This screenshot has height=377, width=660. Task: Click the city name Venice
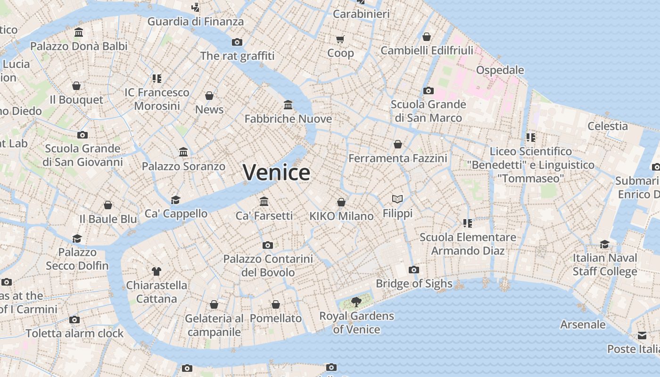pos(276,172)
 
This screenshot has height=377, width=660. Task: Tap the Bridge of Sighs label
pos(414,284)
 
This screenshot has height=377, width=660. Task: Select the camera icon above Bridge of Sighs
pos(414,270)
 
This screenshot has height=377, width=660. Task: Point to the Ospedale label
pos(500,70)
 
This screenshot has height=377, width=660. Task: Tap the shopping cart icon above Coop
pos(340,39)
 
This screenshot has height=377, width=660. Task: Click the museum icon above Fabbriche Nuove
pos(288,104)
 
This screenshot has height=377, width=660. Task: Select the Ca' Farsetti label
pos(264,216)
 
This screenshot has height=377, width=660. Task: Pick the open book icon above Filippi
pos(397,199)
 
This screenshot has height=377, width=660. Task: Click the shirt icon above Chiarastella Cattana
pos(157,271)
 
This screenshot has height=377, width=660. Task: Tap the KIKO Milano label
pos(341,216)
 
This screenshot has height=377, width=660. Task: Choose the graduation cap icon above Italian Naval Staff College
pos(604,244)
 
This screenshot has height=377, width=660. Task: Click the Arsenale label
pos(583,324)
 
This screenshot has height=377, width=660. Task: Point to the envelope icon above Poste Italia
pos(642,335)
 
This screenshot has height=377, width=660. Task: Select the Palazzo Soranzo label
pos(183,166)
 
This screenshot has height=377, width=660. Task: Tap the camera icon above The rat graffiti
pos(237,42)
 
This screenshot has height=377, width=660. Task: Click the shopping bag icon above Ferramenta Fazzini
pos(398,144)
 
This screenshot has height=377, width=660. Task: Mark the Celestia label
pos(607,126)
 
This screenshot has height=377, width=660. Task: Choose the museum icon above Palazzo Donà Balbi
pos(79,33)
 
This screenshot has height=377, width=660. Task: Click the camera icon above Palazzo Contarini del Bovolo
pos(268,245)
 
